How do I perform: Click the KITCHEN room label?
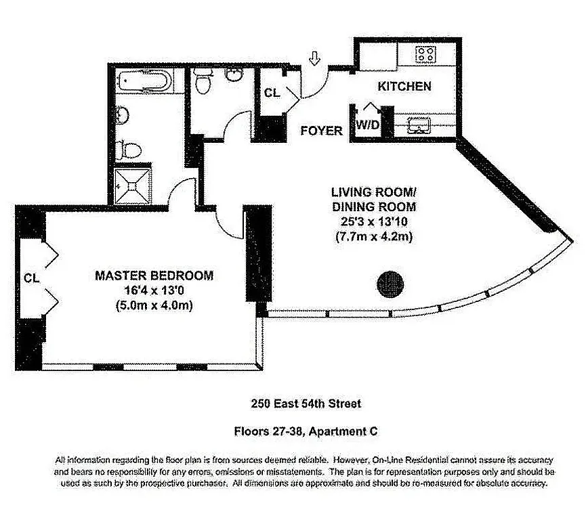(x=404, y=87)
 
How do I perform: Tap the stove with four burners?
(x=425, y=54)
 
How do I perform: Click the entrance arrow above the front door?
(x=314, y=60)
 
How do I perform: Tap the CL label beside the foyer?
(x=272, y=93)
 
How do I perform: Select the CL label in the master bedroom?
(x=30, y=278)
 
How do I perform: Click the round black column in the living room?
(x=391, y=281)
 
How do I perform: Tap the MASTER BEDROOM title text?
(x=154, y=276)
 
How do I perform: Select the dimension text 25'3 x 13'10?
(x=373, y=222)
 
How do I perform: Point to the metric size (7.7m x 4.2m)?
(x=373, y=237)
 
